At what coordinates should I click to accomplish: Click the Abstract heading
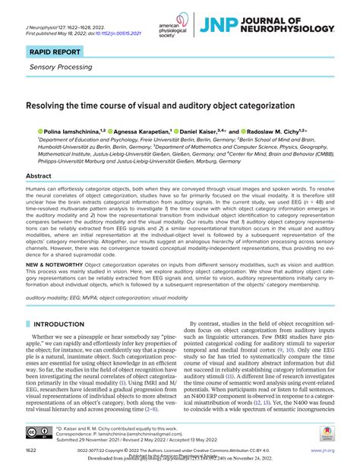click(39, 175)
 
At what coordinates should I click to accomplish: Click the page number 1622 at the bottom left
click(33, 451)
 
